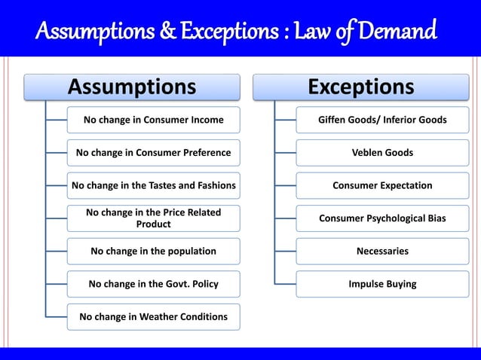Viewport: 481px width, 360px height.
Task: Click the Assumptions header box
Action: click(132, 87)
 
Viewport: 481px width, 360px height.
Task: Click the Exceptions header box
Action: click(361, 87)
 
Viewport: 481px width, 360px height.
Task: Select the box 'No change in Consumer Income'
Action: click(153, 120)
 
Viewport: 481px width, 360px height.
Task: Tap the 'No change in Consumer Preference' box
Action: click(153, 153)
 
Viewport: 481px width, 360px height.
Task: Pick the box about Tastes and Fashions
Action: click(153, 185)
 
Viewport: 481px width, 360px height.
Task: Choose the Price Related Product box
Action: click(153, 218)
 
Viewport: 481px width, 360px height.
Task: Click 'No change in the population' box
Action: click(153, 251)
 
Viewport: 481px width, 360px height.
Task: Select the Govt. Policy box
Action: click(153, 284)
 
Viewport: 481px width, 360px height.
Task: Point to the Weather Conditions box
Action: click(153, 316)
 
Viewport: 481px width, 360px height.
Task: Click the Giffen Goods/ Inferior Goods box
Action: click(382, 120)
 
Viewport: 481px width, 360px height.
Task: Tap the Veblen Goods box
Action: click(382, 153)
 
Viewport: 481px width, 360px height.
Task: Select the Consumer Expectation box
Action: click(382, 185)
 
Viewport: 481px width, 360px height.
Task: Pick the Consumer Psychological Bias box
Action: click(382, 218)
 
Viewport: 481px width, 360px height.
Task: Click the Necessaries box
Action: click(382, 251)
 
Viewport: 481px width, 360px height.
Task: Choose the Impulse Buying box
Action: click(382, 284)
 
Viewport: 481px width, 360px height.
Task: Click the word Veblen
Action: click(369, 153)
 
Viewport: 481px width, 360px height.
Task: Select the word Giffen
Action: click(334, 120)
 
